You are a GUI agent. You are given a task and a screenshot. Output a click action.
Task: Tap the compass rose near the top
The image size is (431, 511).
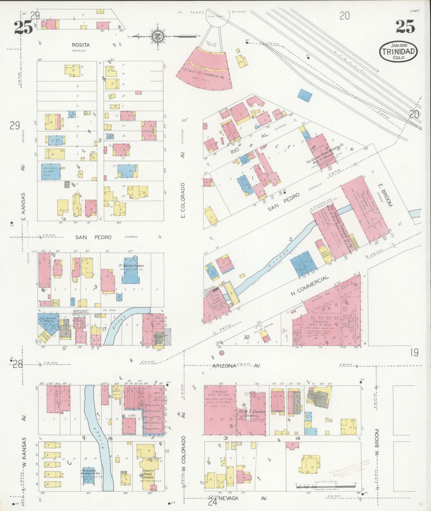[x=157, y=37]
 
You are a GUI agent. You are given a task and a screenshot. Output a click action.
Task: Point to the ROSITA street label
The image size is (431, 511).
[x=81, y=45]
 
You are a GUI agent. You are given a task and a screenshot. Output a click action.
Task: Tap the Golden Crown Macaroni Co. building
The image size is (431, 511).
[x=322, y=152]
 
